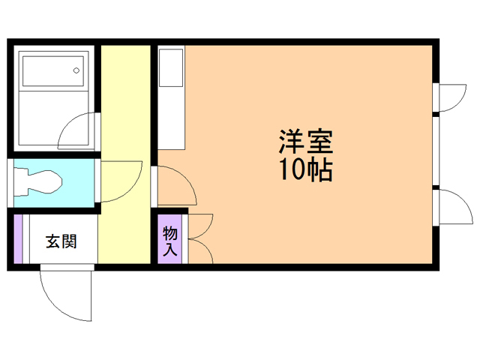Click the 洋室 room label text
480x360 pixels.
[x=306, y=141]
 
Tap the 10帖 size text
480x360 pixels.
[x=306, y=171]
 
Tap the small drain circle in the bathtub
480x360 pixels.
[x=76, y=71]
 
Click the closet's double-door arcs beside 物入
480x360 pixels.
[x=200, y=238]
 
